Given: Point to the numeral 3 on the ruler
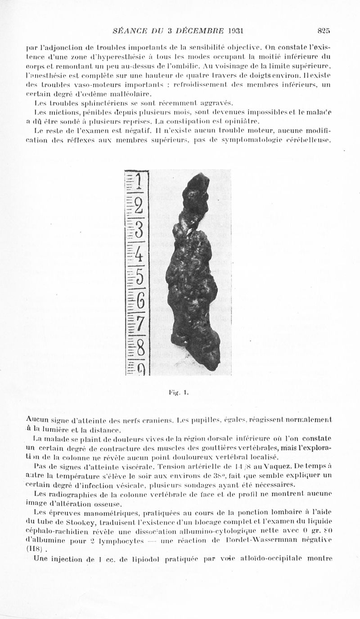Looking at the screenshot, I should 139,231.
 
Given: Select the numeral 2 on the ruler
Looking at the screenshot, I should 139,208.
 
